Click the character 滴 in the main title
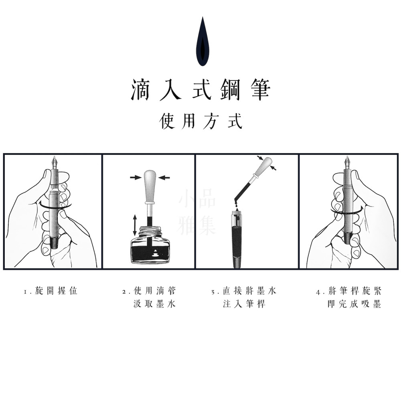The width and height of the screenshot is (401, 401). pos(140,89)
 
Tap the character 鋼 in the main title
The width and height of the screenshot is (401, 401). pos(230,89)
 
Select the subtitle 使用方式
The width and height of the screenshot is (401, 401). pos(200,121)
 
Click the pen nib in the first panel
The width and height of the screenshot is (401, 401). pos(55,162)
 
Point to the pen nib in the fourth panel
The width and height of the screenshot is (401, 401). pos(347,162)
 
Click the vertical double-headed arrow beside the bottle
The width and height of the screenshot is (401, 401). pos(135,225)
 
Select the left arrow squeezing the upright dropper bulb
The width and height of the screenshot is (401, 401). pos(136,177)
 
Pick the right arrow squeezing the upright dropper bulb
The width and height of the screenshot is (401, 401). pos(164,177)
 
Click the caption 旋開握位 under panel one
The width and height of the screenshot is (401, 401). pos(56,291)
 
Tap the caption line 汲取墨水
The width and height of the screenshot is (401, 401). pos(155,304)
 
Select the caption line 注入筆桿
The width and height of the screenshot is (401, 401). pos(244,304)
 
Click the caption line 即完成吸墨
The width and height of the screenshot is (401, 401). pos(354,304)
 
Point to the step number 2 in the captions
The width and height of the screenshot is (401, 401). pos(124,292)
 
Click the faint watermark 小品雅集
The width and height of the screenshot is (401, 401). pos(197,212)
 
